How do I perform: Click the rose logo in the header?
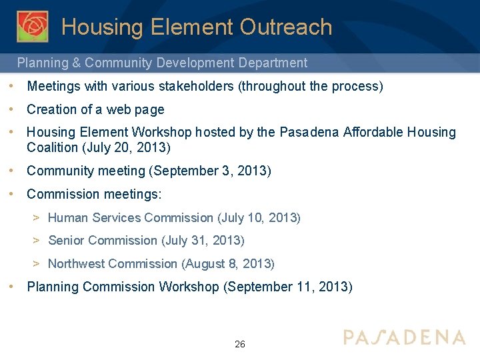tap(33, 26)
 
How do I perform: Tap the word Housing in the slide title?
tap(103, 27)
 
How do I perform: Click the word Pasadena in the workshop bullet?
tap(309, 132)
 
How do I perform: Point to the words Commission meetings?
tap(94, 194)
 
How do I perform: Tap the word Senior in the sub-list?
tap(66, 240)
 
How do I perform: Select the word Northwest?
tap(76, 263)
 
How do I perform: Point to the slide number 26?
tap(240, 344)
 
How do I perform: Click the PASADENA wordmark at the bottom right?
tap(404, 337)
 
